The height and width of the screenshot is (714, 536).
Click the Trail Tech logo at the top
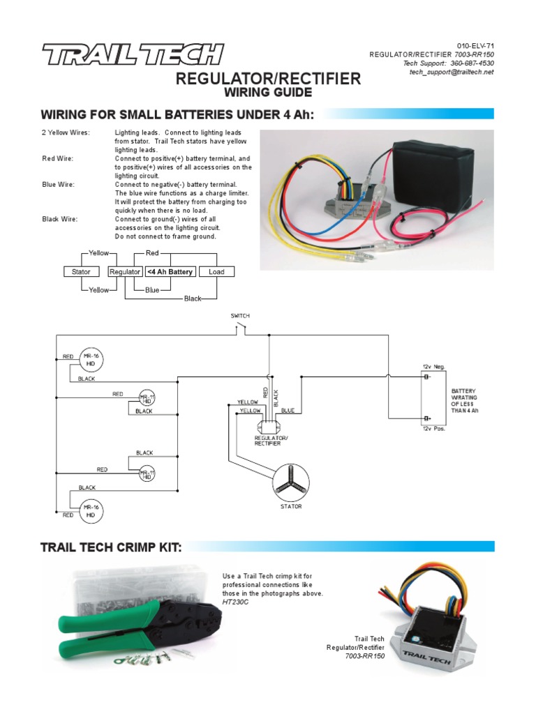[x=132, y=54]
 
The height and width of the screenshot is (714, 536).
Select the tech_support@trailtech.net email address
[x=451, y=73]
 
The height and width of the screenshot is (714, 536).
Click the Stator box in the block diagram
[x=82, y=272]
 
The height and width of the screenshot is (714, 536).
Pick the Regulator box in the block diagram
[x=125, y=272]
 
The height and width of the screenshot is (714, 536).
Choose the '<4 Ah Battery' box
[x=170, y=272]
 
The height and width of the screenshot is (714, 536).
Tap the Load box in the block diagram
[x=216, y=272]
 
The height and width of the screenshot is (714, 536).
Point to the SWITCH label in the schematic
[x=240, y=316]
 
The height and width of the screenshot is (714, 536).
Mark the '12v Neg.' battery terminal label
[x=433, y=366]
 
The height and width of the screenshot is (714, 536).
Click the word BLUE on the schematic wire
[x=288, y=411]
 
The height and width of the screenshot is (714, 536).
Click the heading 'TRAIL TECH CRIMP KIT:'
[x=112, y=547]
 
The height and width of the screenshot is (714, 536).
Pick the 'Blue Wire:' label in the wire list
[x=59, y=185]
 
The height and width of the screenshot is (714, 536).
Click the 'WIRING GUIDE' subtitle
[x=268, y=93]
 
